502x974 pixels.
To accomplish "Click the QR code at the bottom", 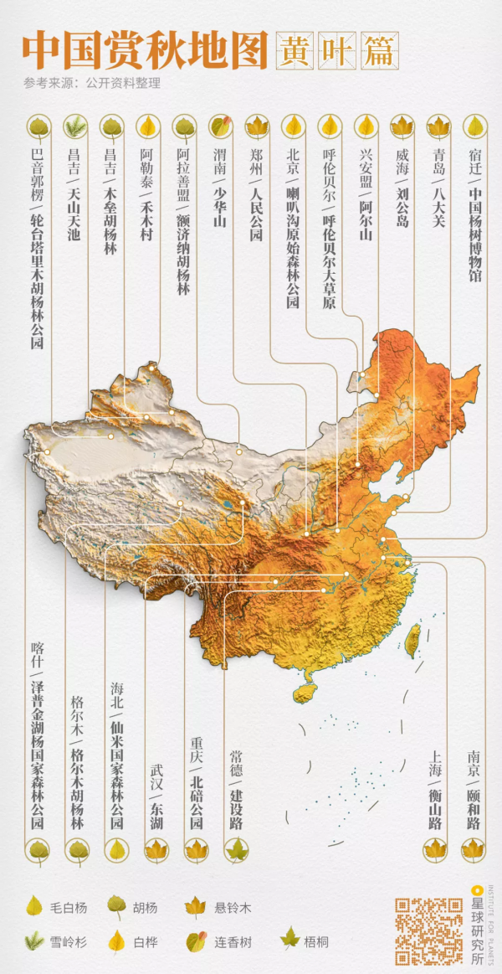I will [428, 930].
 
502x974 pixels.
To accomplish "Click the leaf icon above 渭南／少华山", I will [220, 126].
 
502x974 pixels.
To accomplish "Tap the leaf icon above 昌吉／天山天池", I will [74, 126].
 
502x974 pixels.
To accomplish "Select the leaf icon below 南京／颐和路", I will [474, 849].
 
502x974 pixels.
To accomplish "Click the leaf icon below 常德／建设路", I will [237, 851].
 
